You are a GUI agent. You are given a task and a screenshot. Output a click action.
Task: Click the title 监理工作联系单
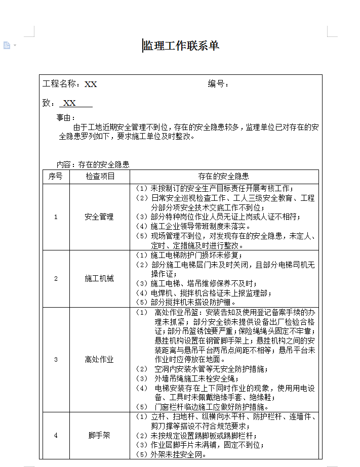click(x=181, y=46)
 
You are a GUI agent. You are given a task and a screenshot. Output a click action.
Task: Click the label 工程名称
click(x=59, y=84)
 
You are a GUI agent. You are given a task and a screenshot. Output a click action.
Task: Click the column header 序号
click(x=56, y=177)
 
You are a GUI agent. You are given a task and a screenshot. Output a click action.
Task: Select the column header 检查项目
click(x=100, y=177)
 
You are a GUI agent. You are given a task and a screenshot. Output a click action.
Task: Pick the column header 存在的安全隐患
click(x=223, y=177)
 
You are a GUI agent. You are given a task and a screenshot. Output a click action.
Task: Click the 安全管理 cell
click(x=99, y=217)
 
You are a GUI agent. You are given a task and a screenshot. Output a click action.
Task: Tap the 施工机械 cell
click(x=99, y=279)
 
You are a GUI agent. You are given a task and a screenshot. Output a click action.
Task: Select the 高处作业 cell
click(x=99, y=360)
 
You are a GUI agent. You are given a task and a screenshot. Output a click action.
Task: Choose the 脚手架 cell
click(x=99, y=435)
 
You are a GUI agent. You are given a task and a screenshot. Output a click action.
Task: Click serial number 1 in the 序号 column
click(x=56, y=217)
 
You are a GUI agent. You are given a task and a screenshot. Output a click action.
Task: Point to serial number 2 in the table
click(x=56, y=279)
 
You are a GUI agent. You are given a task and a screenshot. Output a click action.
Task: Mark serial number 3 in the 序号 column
click(x=56, y=360)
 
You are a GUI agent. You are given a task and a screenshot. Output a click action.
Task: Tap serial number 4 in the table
click(x=56, y=435)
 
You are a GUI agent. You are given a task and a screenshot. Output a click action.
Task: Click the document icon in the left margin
click(x=7, y=46)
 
